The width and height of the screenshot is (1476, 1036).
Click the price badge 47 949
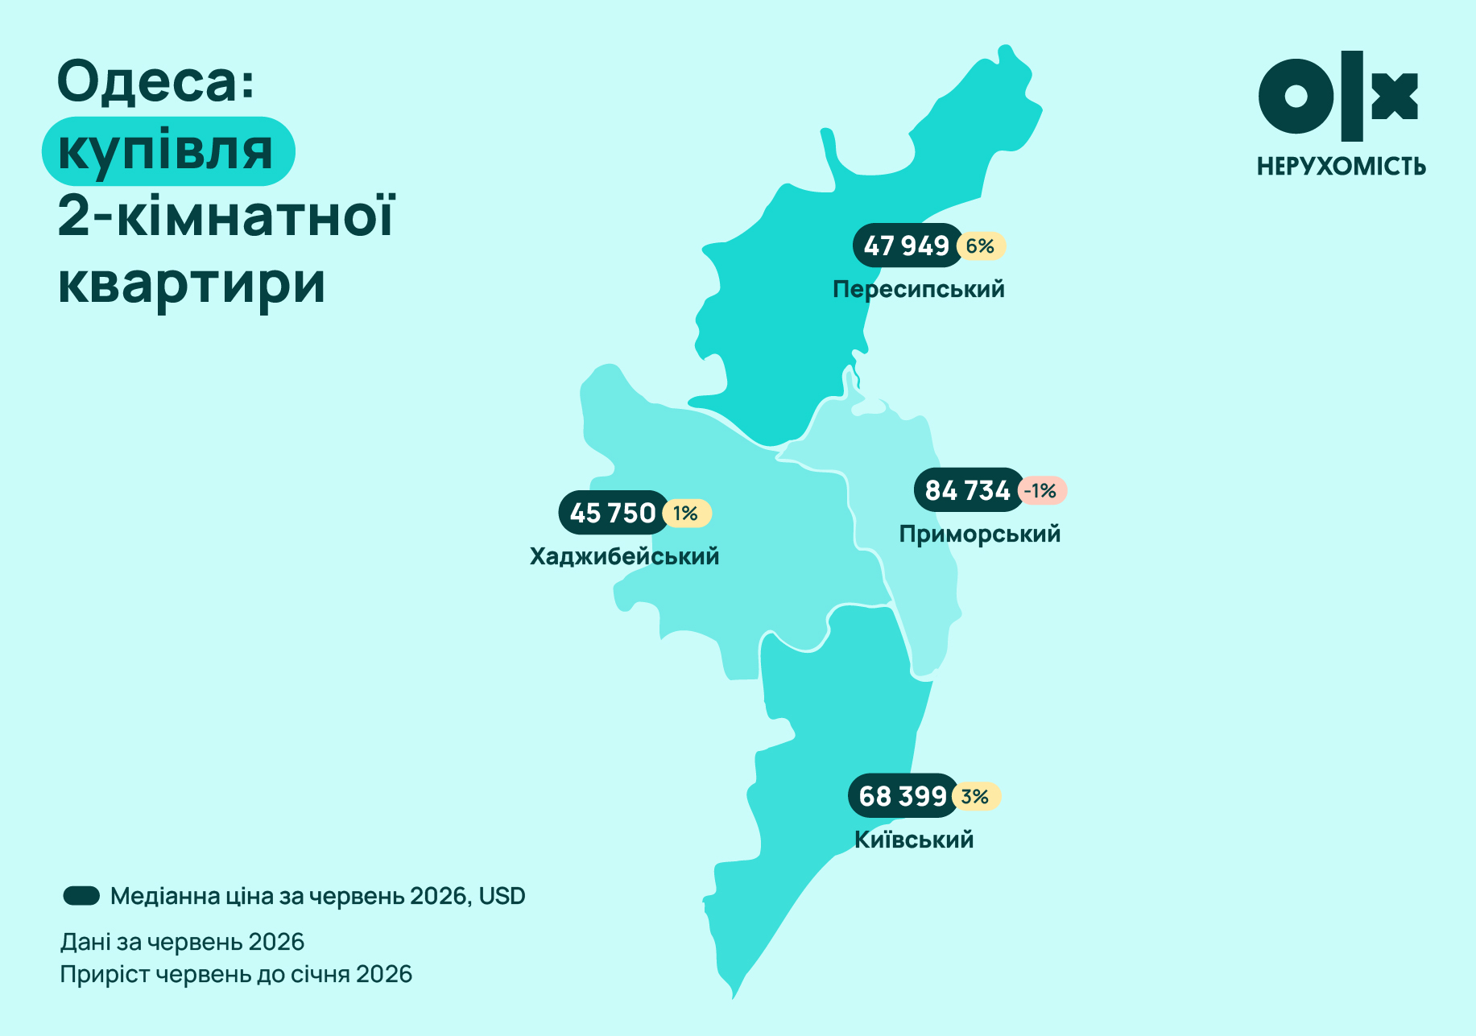(908, 246)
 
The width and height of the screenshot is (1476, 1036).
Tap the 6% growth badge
(982, 246)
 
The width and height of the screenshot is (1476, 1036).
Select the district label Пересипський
(919, 289)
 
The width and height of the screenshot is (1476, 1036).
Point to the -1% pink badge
(1042, 490)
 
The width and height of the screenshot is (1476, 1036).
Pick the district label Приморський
(980, 534)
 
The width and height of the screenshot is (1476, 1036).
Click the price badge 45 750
(614, 513)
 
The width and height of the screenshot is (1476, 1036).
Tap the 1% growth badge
(687, 513)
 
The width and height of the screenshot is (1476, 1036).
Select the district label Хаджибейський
(625, 556)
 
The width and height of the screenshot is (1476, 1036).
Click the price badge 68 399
(903, 796)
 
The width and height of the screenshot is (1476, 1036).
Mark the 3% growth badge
(976, 796)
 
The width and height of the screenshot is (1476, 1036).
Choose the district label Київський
(914, 840)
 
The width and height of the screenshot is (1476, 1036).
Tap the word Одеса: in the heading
(156, 82)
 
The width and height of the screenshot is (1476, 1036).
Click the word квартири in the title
(192, 284)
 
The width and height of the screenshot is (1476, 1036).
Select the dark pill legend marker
(81, 896)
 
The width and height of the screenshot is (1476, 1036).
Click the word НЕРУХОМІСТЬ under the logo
(1342, 167)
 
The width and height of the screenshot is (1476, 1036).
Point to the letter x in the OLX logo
(1395, 96)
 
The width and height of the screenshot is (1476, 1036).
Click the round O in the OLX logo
(1296, 96)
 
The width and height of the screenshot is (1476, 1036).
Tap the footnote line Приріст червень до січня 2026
(236, 975)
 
